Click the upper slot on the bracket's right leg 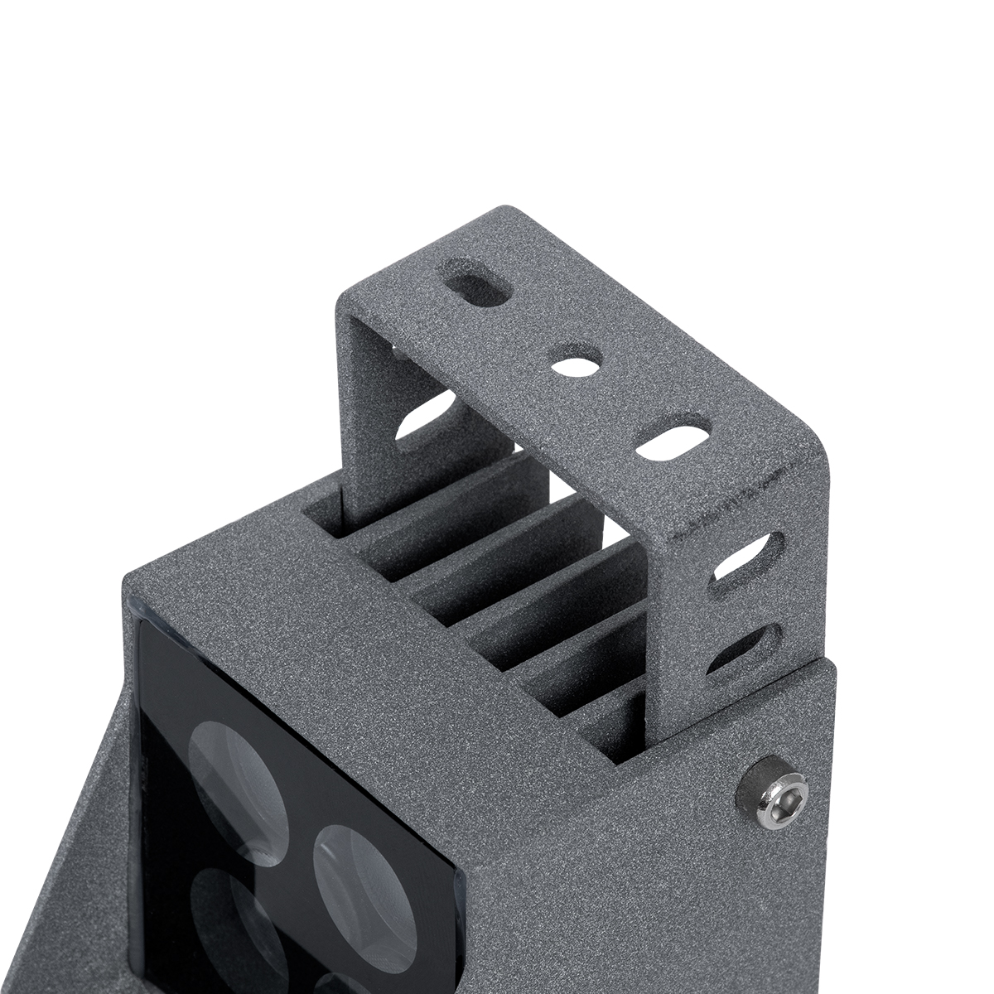[749, 558]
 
